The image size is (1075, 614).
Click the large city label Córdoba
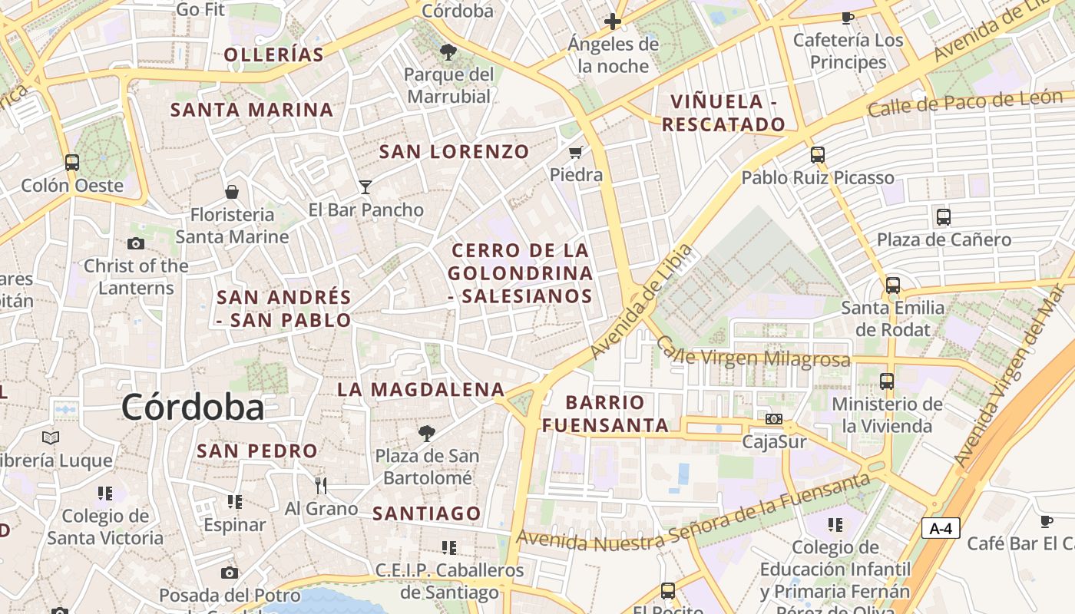tap(193, 407)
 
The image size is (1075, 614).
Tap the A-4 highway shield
tap(941, 528)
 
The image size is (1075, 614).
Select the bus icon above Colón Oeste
tap(72, 163)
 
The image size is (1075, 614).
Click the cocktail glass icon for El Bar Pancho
tap(365, 187)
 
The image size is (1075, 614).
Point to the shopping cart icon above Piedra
tap(576, 152)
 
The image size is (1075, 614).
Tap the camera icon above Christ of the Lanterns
tap(136, 243)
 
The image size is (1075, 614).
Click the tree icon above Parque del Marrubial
tap(448, 52)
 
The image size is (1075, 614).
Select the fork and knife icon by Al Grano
tap(321, 485)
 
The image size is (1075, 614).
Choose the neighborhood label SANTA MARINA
tap(252, 110)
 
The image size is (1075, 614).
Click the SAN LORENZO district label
tap(455, 152)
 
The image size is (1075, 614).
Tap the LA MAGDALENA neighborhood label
tap(421, 390)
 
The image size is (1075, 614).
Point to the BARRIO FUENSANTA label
tap(606, 414)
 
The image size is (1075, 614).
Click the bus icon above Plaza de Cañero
tap(944, 216)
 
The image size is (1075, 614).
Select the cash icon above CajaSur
tap(774, 419)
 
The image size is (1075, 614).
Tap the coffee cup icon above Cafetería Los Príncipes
tap(848, 17)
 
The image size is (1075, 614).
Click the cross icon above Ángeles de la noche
tap(613, 21)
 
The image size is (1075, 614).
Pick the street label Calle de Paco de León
tap(964, 104)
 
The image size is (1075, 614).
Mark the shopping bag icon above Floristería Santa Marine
tap(232, 191)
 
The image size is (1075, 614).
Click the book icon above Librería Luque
tap(51, 437)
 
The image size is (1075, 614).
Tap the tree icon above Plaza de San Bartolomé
tap(426, 434)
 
